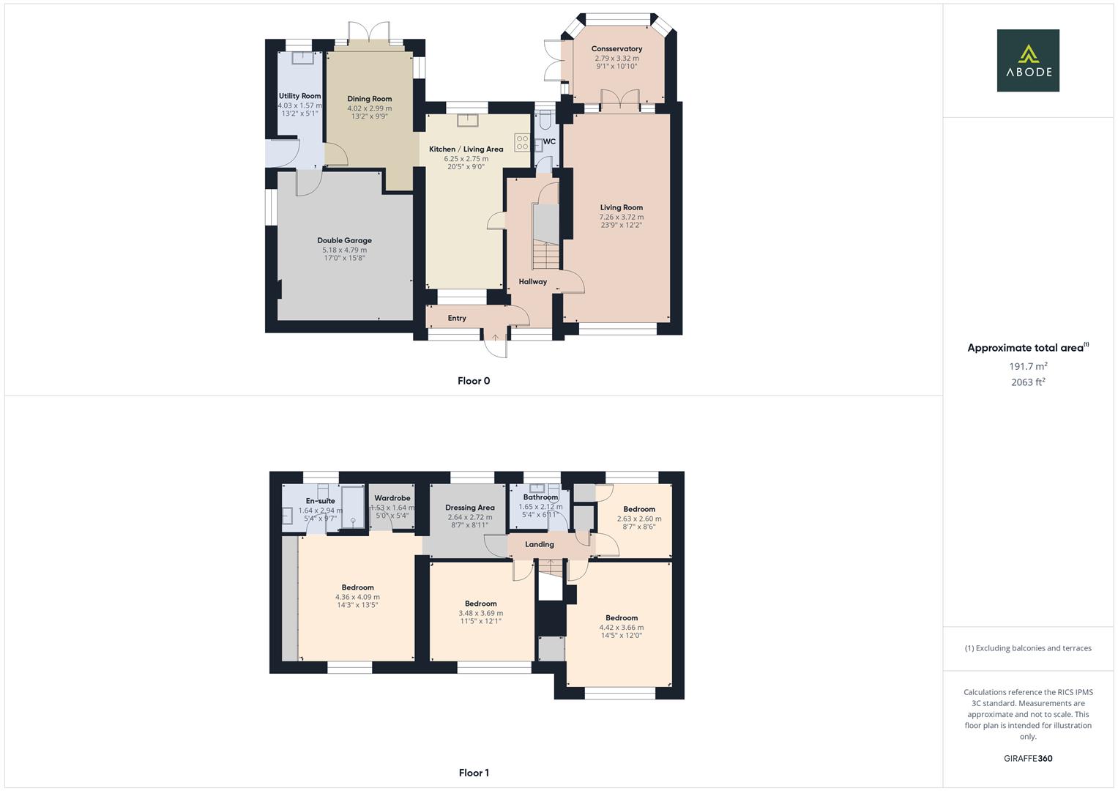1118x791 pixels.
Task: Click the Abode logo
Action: [x=1027, y=60]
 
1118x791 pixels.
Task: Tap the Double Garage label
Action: [x=344, y=240]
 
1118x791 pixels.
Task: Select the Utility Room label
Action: [x=299, y=96]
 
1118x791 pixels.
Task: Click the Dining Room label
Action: [x=369, y=99]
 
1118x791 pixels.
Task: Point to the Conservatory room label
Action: [x=616, y=49]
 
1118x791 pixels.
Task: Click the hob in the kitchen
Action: [x=522, y=142]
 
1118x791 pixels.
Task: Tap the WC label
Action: [x=549, y=141]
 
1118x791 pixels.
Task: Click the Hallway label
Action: [x=532, y=281]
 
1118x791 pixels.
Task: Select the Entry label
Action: [x=457, y=318]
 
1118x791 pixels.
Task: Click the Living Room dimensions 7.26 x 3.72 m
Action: [x=622, y=217]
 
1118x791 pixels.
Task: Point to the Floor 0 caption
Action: [x=474, y=381]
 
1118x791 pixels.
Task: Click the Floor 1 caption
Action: [x=474, y=773]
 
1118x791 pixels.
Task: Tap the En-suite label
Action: [x=320, y=501]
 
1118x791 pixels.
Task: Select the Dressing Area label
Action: [x=469, y=508]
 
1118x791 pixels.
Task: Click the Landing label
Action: [x=540, y=544]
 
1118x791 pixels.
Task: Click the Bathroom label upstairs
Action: [x=540, y=497]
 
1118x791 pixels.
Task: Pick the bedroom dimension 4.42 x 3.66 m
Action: [x=622, y=627]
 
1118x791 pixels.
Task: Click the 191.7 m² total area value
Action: [x=1028, y=366]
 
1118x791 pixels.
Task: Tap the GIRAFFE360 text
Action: [x=1027, y=759]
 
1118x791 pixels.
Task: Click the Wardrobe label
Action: [x=392, y=498]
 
